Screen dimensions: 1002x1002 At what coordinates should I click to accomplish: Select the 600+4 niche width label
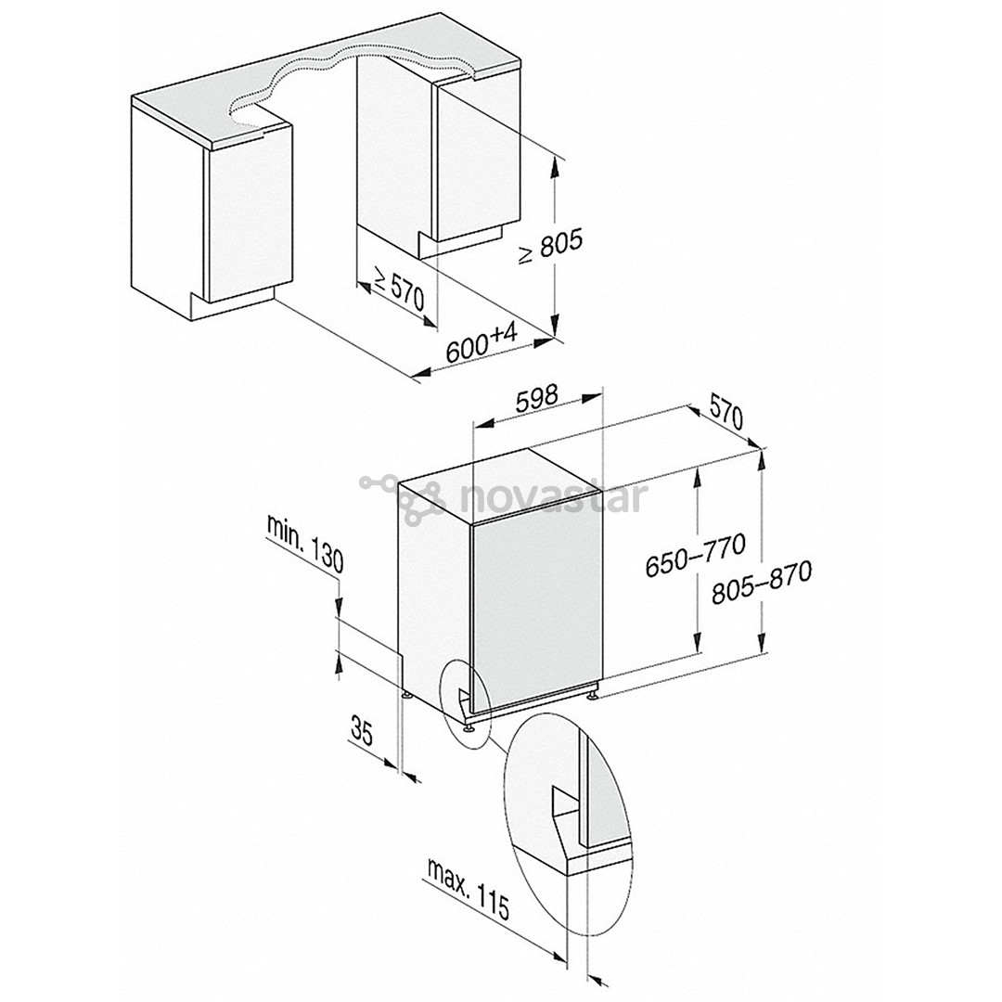(482, 344)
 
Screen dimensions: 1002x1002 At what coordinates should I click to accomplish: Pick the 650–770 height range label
(695, 556)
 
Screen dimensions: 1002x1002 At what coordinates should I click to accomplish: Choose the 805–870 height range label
(762, 582)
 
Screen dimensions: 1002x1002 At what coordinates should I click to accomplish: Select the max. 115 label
(467, 889)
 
